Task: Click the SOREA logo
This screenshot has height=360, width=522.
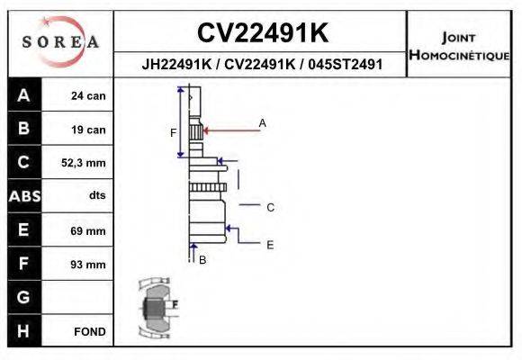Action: click(x=60, y=42)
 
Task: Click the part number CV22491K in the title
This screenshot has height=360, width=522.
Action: click(x=262, y=33)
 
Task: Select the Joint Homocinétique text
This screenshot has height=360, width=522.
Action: click(x=461, y=45)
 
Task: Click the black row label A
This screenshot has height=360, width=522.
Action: click(x=23, y=96)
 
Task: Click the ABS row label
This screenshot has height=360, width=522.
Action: click(x=23, y=196)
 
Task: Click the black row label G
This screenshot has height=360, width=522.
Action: click(x=23, y=297)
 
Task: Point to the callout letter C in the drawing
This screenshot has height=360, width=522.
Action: click(x=270, y=207)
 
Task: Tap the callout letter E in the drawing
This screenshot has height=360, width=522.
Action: click(x=270, y=244)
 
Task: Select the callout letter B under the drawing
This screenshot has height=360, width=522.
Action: click(x=202, y=260)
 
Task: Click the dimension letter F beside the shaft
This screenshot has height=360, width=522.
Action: click(x=174, y=133)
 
